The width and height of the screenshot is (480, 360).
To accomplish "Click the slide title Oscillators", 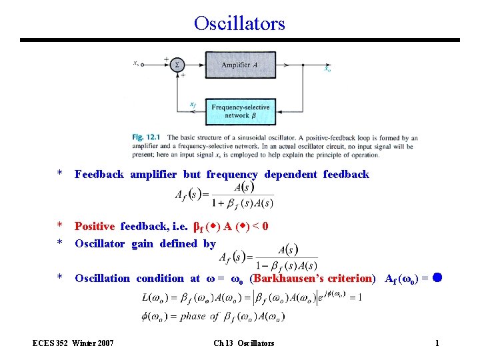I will click(x=239, y=23).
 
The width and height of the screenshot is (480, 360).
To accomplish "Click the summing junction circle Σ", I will click(x=177, y=65).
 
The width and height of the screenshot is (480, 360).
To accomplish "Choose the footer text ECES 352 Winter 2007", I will click(x=74, y=343).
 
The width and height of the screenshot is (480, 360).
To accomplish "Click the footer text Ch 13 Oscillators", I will click(x=243, y=343).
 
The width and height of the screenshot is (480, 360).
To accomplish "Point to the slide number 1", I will click(x=437, y=343).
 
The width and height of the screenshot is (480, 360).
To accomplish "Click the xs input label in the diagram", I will click(x=136, y=63).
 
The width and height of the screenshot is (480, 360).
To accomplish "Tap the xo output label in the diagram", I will click(x=327, y=69).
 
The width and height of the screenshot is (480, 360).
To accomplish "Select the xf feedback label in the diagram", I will click(x=192, y=104).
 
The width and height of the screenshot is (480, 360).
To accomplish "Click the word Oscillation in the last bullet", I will click(x=102, y=279).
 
